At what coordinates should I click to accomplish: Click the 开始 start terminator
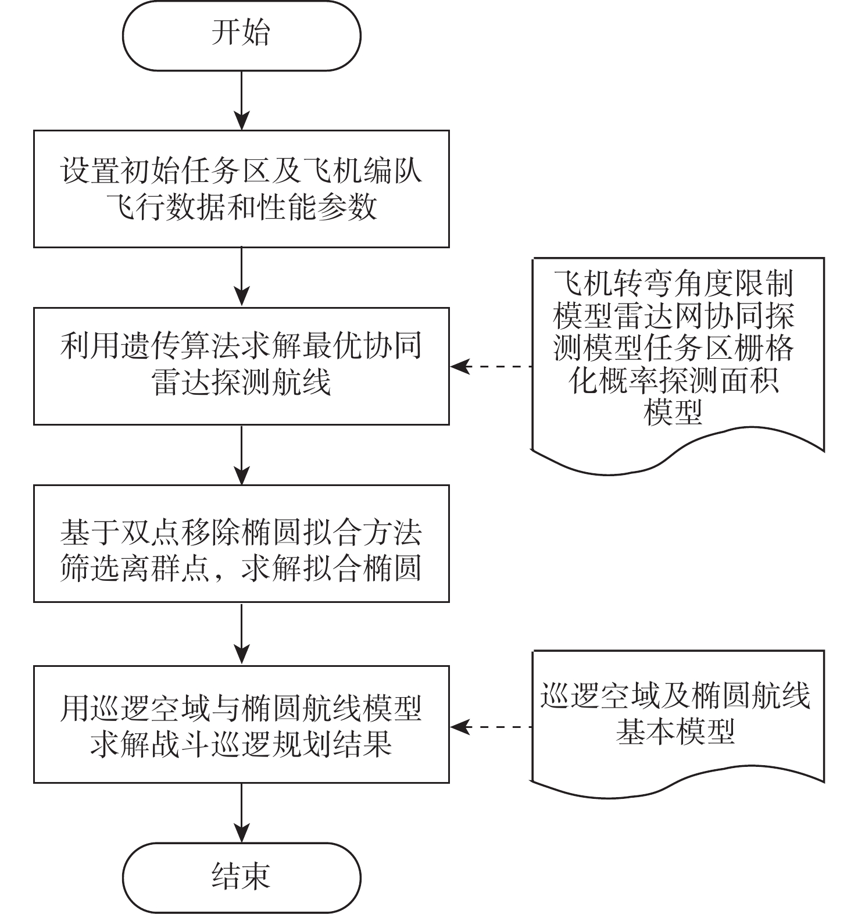pos(241,35)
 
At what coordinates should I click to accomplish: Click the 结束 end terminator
pos(241,877)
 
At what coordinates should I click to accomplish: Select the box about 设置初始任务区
pos(241,189)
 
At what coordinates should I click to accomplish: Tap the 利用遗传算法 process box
pos(241,366)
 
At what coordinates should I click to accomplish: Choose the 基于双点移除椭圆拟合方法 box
pos(241,543)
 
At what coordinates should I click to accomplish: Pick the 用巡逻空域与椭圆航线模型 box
pos(241,724)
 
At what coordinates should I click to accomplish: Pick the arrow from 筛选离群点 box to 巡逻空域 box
pos(241,634)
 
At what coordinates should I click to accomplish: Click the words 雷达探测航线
pos(241,383)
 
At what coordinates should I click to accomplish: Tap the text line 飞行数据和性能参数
pos(241,206)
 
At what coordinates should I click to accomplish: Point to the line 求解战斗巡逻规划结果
pos(241,742)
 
